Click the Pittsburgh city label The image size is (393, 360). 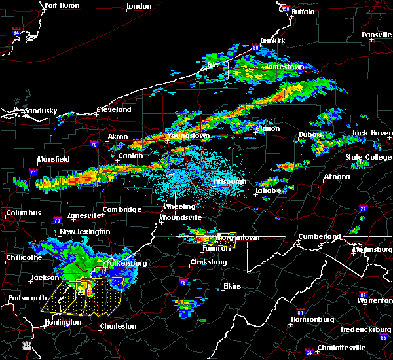point(230,181)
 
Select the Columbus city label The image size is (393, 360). point(23,213)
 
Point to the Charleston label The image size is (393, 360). point(118,326)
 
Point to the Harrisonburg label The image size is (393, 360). point(312,320)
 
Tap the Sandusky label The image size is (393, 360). point(40,111)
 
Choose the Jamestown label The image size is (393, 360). point(284,67)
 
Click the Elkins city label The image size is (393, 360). point(232,286)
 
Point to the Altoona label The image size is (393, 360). point(338,177)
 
